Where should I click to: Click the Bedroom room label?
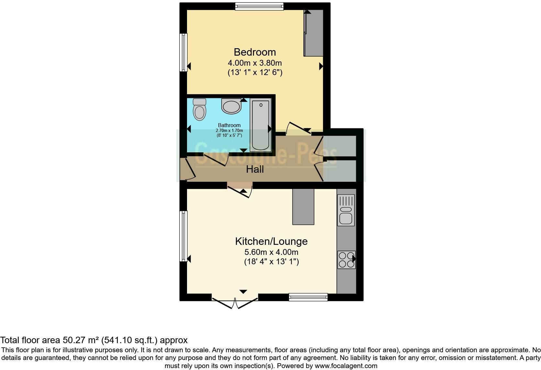tap(255, 52)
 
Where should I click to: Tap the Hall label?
tap(255, 169)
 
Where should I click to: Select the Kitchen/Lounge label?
tap(271, 241)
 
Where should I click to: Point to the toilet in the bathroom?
tap(199, 110)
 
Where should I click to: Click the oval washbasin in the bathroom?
tap(231, 106)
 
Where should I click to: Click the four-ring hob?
tap(346, 259)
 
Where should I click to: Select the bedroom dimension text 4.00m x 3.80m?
tap(255, 63)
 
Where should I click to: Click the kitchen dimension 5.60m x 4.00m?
tap(271, 252)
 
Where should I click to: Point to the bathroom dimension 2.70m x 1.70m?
tap(229, 131)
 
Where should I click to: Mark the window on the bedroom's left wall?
tap(183, 52)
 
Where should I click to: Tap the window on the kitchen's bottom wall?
tap(308, 297)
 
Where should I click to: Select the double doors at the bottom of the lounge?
tap(235, 301)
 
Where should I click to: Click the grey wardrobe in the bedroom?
tap(314, 32)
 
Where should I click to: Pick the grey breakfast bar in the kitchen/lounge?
tap(303, 207)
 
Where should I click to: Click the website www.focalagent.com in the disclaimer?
tap(346, 366)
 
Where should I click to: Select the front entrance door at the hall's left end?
tap(186, 169)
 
